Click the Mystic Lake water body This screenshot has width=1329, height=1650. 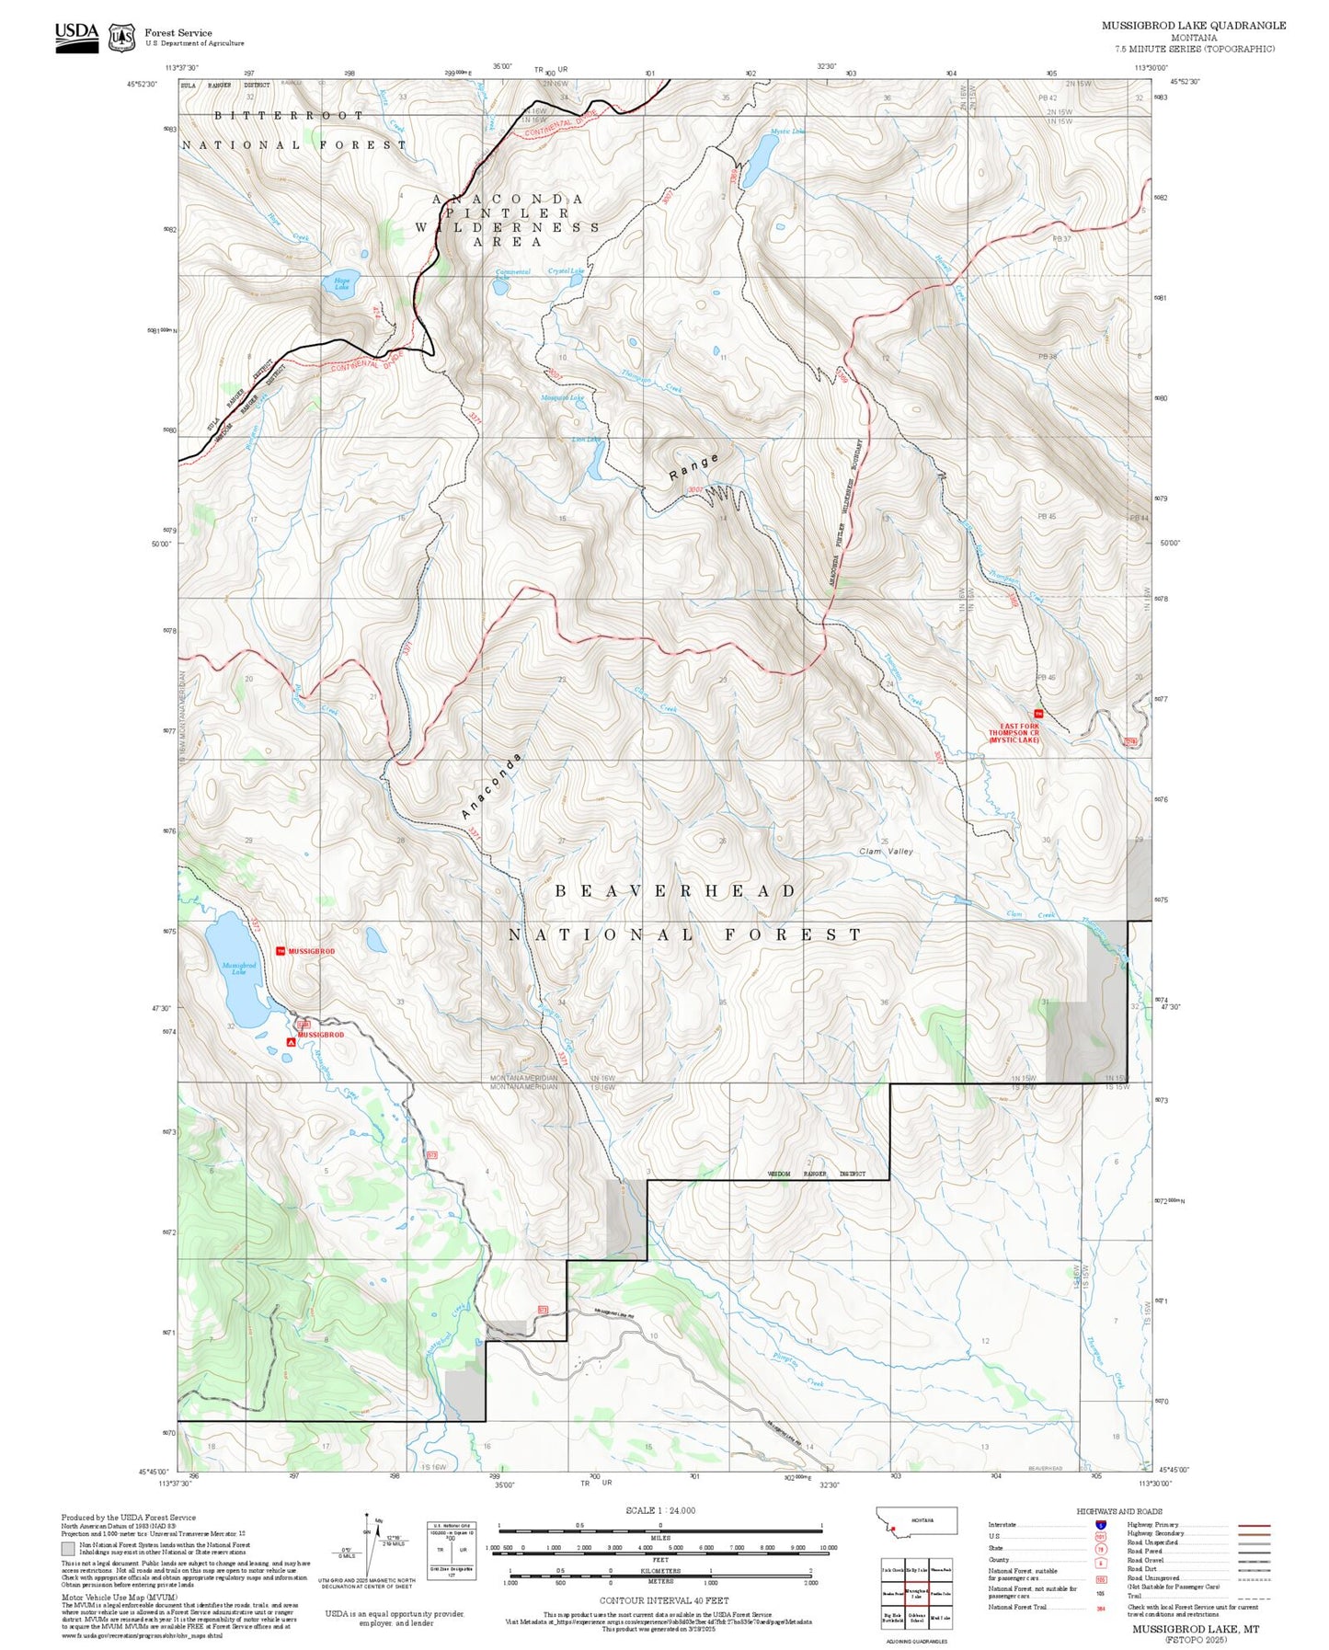pyautogui.click(x=757, y=161)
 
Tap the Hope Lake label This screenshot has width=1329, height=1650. pyautogui.click(x=341, y=284)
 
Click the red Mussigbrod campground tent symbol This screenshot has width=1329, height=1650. pyautogui.click(x=292, y=1042)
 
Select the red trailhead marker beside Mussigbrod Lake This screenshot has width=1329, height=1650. pyautogui.click(x=281, y=951)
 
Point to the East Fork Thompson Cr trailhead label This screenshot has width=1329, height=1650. pyautogui.click(x=1014, y=732)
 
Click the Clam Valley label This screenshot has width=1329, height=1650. pyautogui.click(x=886, y=851)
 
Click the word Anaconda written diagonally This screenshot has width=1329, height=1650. pyautogui.click(x=491, y=786)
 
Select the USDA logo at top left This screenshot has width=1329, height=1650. pyautogui.click(x=76, y=37)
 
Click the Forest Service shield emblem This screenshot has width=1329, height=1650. pyautogui.click(x=121, y=38)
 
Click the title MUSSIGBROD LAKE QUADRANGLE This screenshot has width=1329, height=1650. pyautogui.click(x=1194, y=26)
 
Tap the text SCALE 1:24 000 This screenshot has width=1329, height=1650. pyautogui.click(x=660, y=1510)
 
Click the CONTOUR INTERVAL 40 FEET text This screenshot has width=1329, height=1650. pyautogui.click(x=663, y=1600)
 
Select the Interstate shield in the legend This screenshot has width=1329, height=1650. pyautogui.click(x=1101, y=1525)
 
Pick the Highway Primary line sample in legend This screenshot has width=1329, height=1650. pyautogui.click(x=1255, y=1525)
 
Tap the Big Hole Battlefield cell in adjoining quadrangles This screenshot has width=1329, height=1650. pyautogui.click(x=891, y=1618)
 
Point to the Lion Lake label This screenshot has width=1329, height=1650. pyautogui.click(x=586, y=440)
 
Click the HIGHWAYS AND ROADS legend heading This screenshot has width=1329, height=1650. pyautogui.click(x=1119, y=1511)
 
